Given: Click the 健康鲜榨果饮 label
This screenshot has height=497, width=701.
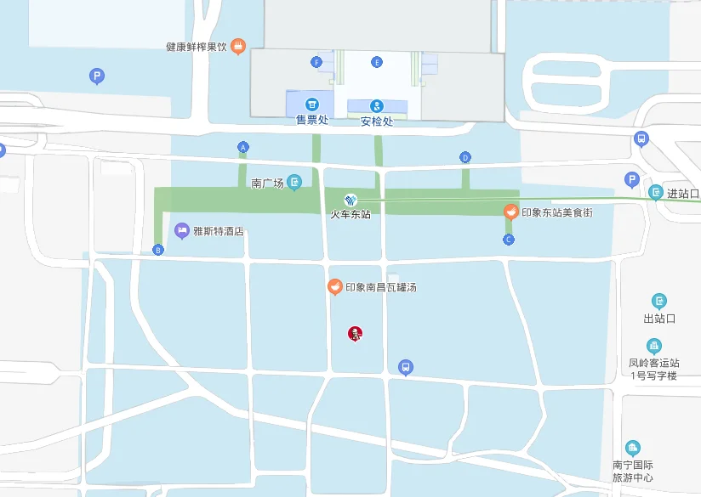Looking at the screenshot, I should click(197, 46).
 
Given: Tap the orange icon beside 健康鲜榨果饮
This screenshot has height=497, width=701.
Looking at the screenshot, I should click(238, 46).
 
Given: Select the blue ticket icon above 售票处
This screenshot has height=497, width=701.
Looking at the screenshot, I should click(311, 104).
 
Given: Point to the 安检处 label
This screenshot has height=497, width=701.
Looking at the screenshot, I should click(377, 121).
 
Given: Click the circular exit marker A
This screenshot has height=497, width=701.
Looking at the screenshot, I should click(243, 148).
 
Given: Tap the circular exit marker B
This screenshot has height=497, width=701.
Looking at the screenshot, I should click(158, 249).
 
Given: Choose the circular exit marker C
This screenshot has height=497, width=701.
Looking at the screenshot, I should click(509, 240).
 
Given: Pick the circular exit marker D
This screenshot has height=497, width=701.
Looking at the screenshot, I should click(465, 157).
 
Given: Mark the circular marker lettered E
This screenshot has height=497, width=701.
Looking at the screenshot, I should click(377, 62).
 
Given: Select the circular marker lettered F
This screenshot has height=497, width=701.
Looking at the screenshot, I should click(316, 62).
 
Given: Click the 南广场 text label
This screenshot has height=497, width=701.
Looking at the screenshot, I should click(267, 183).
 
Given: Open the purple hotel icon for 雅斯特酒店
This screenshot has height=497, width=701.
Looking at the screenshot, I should click(181, 230).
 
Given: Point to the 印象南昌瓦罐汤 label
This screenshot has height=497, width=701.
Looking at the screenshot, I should click(380, 287).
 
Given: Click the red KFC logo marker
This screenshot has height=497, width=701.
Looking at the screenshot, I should click(355, 334).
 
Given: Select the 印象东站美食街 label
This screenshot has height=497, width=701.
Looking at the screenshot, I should click(556, 212).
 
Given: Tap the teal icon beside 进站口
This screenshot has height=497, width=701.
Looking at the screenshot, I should click(656, 193).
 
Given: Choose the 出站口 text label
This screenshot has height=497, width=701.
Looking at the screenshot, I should click(659, 319).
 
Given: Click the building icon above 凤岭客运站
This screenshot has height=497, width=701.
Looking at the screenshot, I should click(653, 346).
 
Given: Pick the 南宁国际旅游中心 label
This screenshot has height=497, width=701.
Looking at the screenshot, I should click(633, 471).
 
